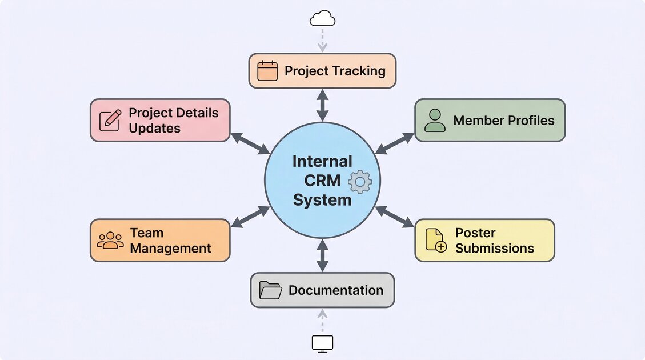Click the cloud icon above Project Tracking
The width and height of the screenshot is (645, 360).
(x=322, y=19)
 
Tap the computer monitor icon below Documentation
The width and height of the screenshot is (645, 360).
(x=322, y=343)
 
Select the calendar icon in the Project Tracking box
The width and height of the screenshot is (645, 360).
(x=267, y=71)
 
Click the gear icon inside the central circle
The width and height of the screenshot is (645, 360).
(x=360, y=182)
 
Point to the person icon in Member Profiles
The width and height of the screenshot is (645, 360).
(x=435, y=121)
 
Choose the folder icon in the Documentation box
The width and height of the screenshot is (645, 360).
(x=270, y=290)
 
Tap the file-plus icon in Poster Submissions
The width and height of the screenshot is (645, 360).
(x=436, y=241)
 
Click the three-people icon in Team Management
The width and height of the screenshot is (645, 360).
(x=110, y=240)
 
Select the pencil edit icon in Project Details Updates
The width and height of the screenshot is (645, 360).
(x=110, y=121)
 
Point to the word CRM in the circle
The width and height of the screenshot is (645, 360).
(x=322, y=181)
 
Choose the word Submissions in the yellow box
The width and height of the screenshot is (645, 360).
(x=495, y=249)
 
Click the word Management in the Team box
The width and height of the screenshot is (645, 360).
(x=171, y=249)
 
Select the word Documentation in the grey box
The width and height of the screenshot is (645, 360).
(x=336, y=290)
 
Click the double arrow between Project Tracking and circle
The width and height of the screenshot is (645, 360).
(x=323, y=105)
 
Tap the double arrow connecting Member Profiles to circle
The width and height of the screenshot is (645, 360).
(x=395, y=143)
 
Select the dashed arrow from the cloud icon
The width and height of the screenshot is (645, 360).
(x=322, y=40)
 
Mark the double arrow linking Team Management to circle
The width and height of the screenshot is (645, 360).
(x=250, y=218)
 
